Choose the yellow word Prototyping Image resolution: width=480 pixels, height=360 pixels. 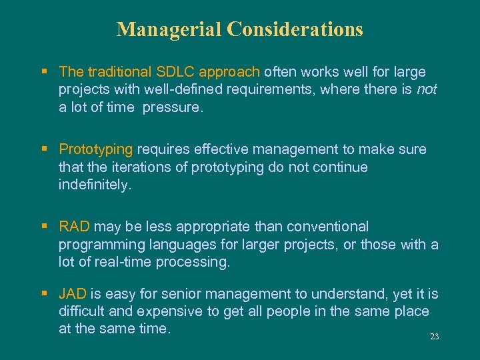point(96,149)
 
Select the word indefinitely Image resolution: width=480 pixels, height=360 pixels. point(95,185)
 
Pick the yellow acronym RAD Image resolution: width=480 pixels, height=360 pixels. point(74,227)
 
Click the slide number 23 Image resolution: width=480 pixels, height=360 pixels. point(434,337)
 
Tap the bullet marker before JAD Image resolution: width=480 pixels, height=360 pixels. point(44,293)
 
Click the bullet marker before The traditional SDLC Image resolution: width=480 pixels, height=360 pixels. point(44,71)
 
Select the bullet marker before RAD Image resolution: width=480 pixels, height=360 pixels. point(44,227)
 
